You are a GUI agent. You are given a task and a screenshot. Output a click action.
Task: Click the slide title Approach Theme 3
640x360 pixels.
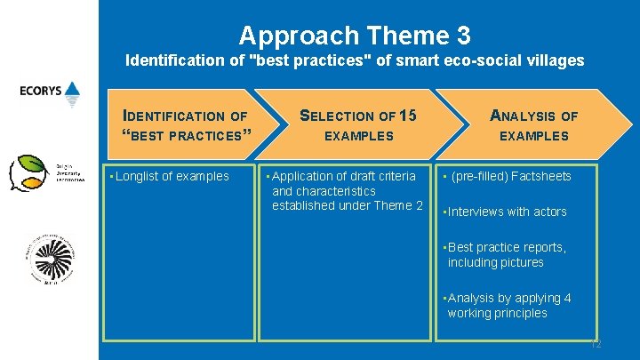click(x=355, y=36)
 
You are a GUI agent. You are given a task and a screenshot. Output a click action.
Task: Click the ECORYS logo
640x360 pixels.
click(x=50, y=93)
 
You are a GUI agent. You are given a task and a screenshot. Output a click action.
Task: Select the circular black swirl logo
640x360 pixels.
click(x=51, y=259)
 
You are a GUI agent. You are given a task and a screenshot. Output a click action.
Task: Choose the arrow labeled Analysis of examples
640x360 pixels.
click(x=533, y=125)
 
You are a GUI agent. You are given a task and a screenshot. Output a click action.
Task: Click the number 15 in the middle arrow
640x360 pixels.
click(x=408, y=116)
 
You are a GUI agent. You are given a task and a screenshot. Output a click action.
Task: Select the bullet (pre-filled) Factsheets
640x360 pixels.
click(x=510, y=176)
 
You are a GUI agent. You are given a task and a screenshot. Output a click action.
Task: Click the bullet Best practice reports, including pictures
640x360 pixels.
click(x=507, y=254)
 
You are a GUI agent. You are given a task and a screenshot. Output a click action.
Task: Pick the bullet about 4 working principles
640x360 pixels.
click(x=509, y=305)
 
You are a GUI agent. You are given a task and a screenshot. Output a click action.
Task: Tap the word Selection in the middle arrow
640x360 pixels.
click(x=338, y=116)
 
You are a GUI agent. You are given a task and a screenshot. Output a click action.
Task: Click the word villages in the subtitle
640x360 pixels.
click(x=554, y=60)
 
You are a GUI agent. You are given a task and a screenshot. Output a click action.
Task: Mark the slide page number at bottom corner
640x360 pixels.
click(x=596, y=342)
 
